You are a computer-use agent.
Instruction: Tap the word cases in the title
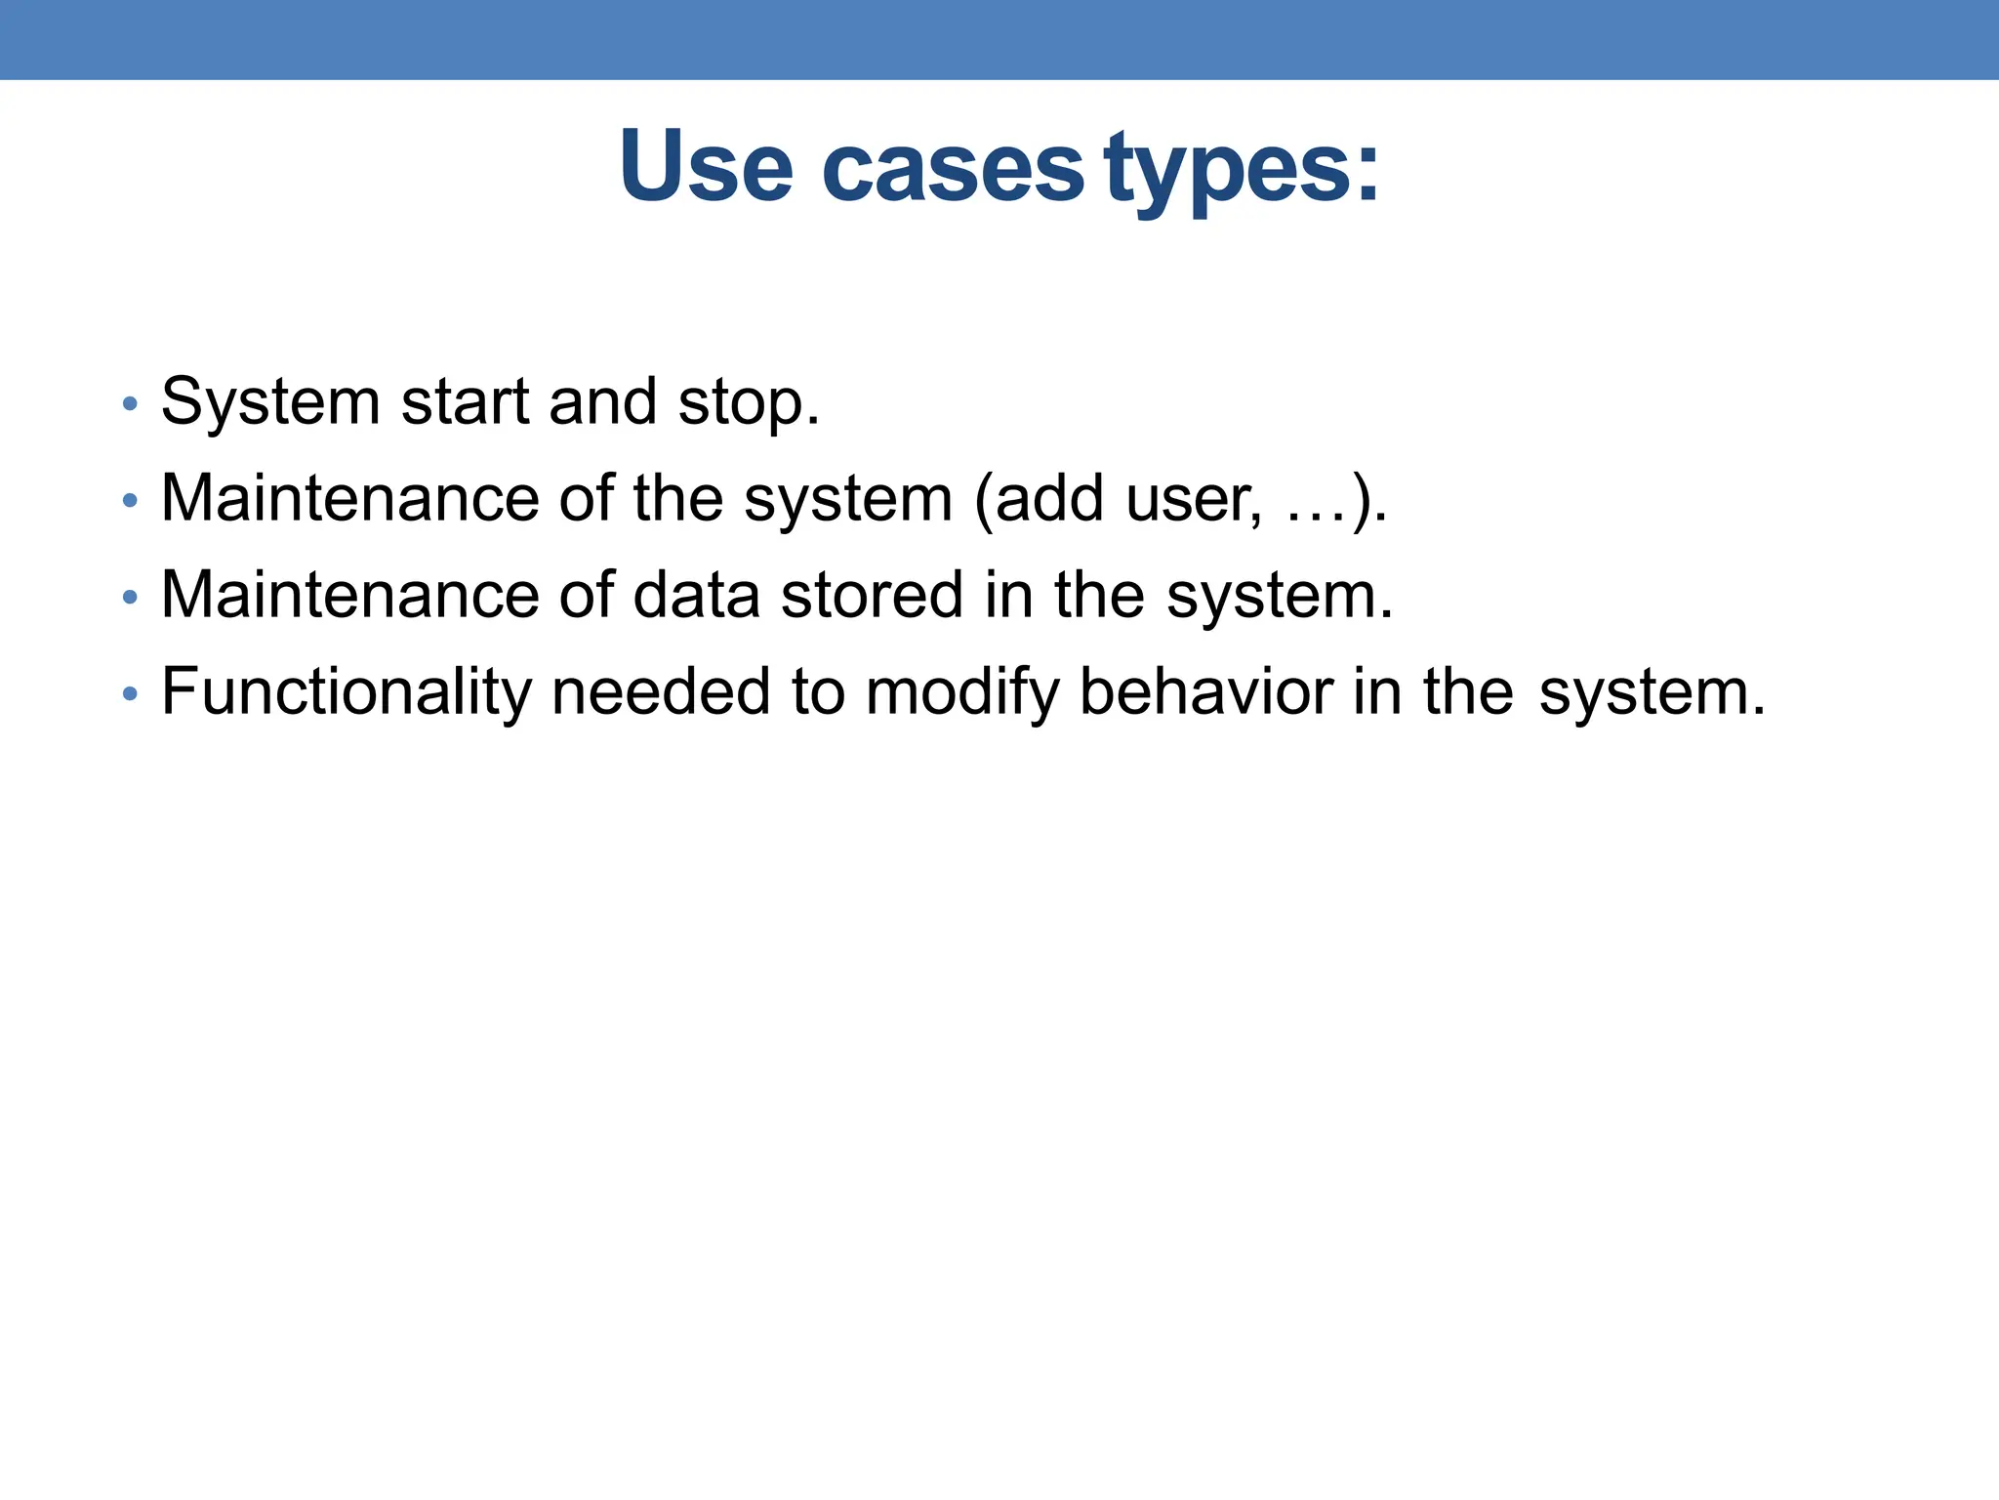(953, 168)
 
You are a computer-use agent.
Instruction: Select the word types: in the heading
(1243, 168)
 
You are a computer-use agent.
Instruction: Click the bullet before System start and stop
(130, 404)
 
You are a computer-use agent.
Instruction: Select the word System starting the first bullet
(270, 402)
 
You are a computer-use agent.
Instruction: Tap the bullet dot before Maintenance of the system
(130, 501)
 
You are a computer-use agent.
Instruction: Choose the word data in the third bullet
(696, 595)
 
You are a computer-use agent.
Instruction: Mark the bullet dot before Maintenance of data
(130, 597)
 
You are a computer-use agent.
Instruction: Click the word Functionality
(346, 692)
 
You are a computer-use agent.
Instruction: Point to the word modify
(961, 692)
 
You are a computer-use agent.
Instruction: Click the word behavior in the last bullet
(1205, 691)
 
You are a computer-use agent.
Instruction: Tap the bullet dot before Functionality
(130, 694)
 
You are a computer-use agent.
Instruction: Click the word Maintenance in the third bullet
(349, 595)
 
